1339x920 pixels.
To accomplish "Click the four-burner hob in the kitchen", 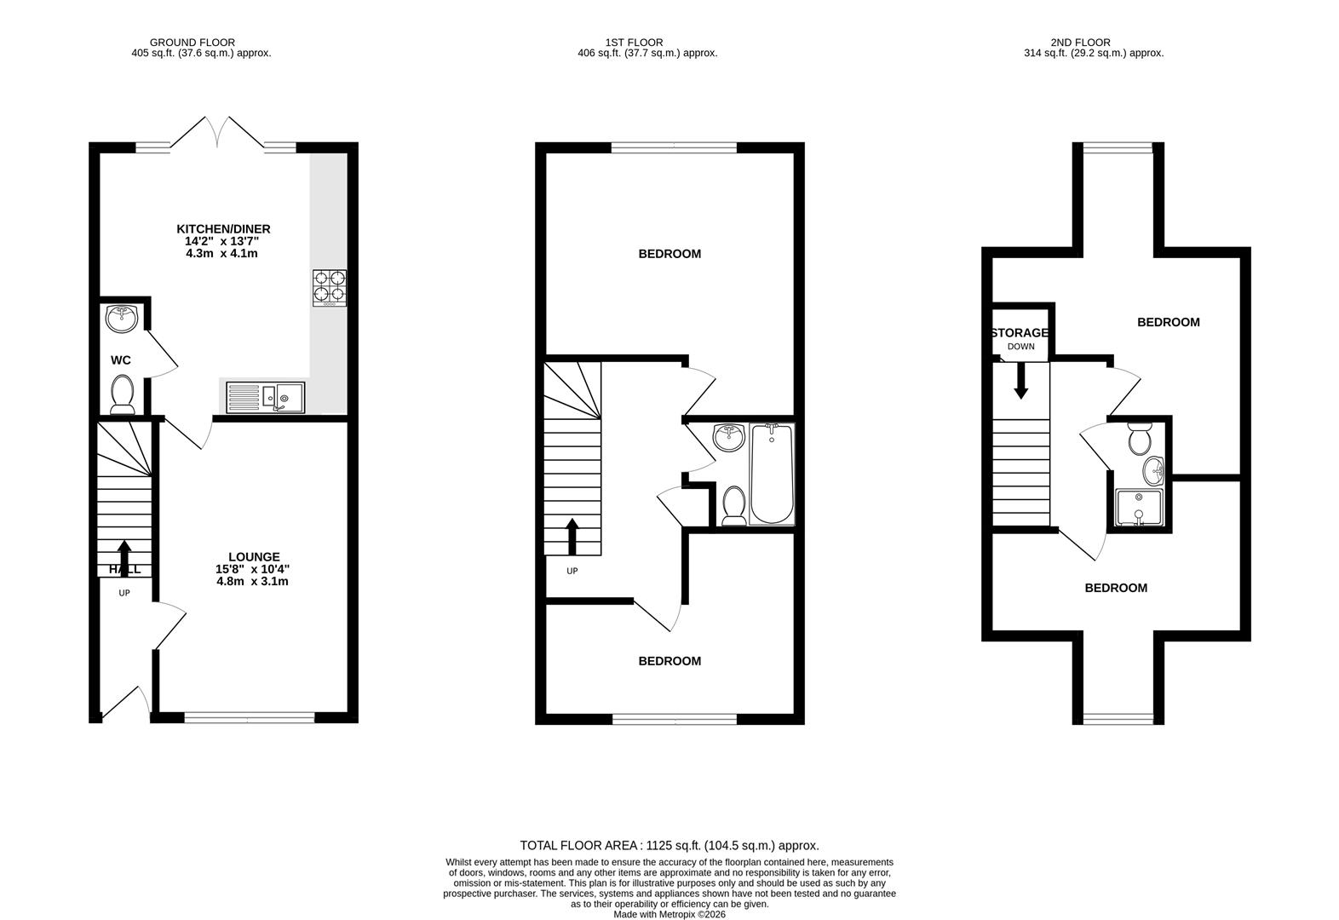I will click(330, 287).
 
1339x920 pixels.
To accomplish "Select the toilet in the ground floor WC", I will click(122, 394).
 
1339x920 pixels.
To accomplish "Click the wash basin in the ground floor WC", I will click(121, 319).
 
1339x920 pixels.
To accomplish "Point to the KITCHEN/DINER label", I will click(223, 229).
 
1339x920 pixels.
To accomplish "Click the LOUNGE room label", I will click(253, 557).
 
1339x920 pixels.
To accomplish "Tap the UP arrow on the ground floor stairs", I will click(124, 556).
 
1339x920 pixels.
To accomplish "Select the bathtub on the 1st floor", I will click(771, 474).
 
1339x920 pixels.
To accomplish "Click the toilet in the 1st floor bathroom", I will click(733, 505).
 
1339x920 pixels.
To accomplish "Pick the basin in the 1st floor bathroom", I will click(728, 438).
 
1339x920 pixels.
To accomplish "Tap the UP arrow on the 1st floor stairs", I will click(572, 536).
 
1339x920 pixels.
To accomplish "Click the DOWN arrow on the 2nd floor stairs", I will click(1020, 381).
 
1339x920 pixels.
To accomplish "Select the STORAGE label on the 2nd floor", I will click(1020, 333).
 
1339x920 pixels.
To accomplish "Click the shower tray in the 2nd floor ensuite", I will click(1139, 508).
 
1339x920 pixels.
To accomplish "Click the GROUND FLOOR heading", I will click(193, 43).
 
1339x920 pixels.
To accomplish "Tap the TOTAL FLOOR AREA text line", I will click(669, 846).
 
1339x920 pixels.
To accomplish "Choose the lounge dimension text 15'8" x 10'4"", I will click(253, 569).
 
